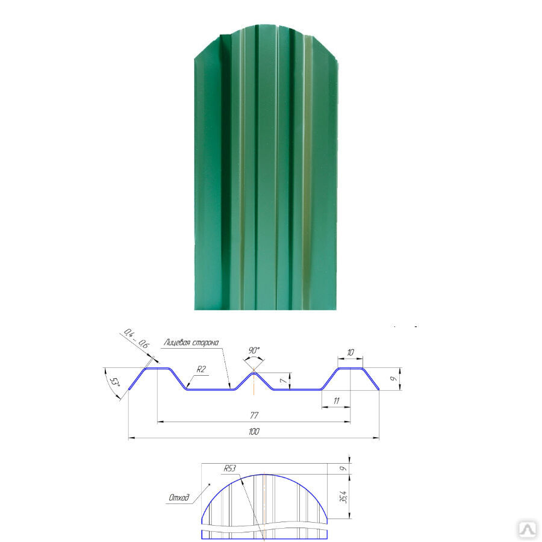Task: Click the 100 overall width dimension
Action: tap(254, 431)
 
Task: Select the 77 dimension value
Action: tap(254, 415)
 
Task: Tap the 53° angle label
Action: tap(114, 382)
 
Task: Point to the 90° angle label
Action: tap(254, 350)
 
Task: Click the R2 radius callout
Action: tap(201, 369)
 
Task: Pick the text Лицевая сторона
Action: tap(191, 343)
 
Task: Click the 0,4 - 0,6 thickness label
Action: tap(136, 338)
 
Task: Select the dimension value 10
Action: tap(350, 352)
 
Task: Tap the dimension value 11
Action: tap(336, 400)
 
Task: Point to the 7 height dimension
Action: tap(284, 381)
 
